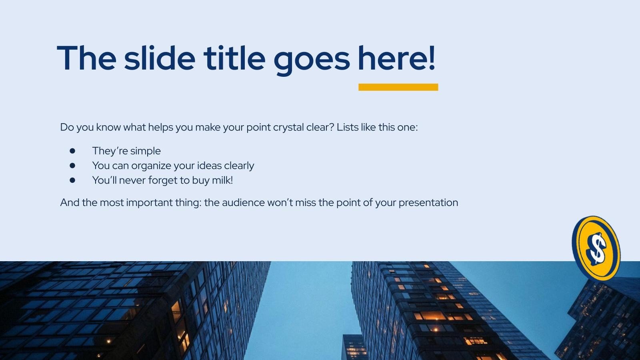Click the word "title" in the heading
click(x=234, y=58)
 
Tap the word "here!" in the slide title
click(x=396, y=58)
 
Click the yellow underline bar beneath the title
click(x=398, y=87)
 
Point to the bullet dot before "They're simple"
click(x=72, y=151)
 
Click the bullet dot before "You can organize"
click(x=72, y=165)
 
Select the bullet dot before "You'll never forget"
click(x=72, y=180)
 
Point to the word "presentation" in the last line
click(x=428, y=203)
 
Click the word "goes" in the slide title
click(x=312, y=58)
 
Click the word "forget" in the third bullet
click(x=162, y=180)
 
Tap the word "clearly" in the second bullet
click(x=239, y=166)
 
